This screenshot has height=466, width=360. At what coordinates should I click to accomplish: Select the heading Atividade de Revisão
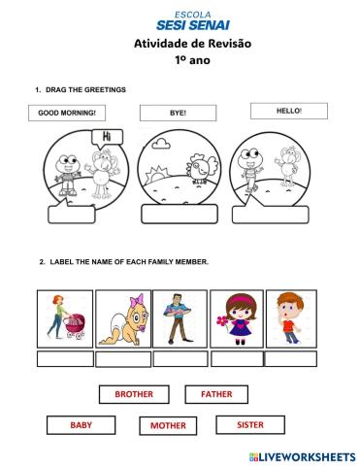tap(179, 44)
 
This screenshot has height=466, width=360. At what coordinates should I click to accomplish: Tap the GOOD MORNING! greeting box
tap(67, 113)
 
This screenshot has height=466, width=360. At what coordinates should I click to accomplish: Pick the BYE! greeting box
tap(178, 113)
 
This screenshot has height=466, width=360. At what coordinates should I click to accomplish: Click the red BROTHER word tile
tap(134, 395)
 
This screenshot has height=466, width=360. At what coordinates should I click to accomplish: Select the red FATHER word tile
tap(216, 395)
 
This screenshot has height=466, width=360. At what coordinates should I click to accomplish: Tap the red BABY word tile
tap(81, 425)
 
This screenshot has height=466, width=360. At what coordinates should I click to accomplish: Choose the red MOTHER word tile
tap(167, 426)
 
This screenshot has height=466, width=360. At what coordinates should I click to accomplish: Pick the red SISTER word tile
tap(250, 424)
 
